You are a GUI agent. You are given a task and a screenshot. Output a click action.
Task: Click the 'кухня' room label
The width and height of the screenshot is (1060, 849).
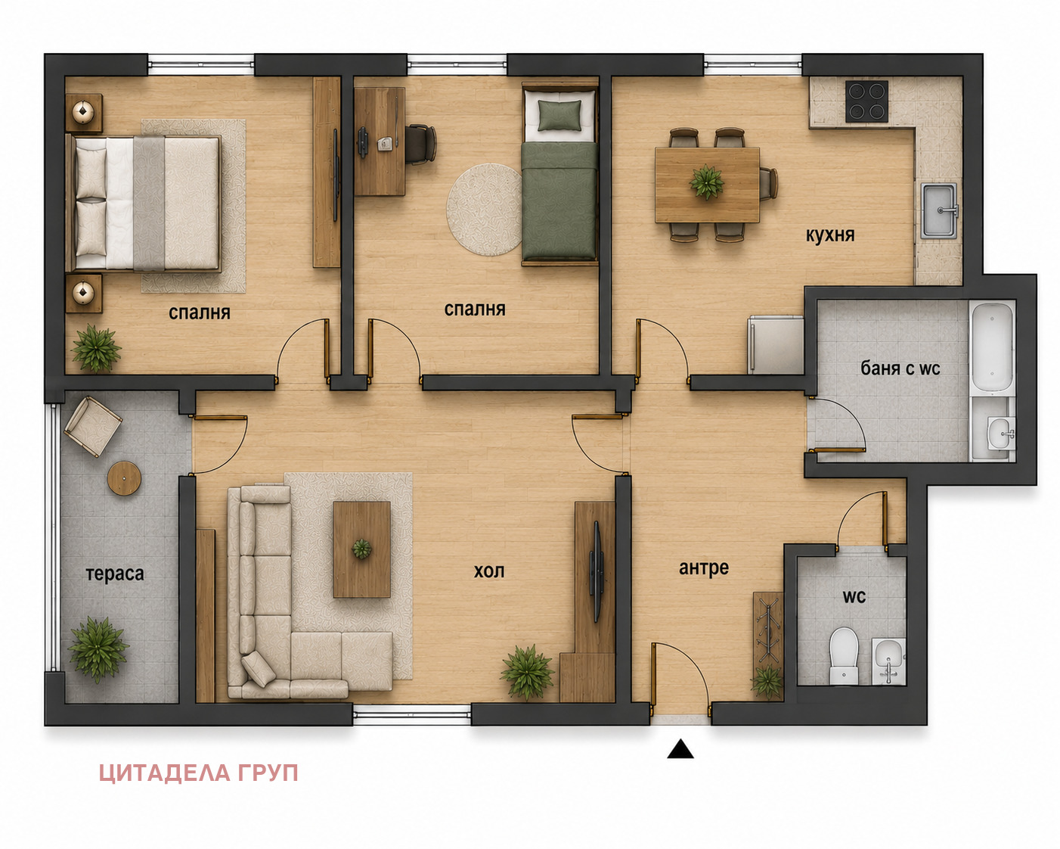point(830,235)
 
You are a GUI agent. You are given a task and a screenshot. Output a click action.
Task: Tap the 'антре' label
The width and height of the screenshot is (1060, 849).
point(703,568)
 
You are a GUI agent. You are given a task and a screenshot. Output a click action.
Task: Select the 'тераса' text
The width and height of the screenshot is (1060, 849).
point(115,574)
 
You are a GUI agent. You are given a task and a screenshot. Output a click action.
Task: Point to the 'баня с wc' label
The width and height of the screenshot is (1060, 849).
point(900,369)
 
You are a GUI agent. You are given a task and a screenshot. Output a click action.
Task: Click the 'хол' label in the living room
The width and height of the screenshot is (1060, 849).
point(488,571)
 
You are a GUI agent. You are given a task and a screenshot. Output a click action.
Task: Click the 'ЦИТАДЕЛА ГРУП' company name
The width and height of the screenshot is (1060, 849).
point(199,773)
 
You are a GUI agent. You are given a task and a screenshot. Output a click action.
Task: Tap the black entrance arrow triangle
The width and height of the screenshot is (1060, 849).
point(680,749)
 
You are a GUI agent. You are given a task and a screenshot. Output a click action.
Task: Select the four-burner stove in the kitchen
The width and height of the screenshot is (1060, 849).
point(866,101)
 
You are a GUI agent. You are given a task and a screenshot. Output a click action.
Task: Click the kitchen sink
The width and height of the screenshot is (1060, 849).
point(939,210)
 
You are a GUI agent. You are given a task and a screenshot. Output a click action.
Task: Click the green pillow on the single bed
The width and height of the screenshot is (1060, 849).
point(559,115)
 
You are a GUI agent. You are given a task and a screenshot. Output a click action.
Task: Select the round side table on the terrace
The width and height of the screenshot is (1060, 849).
point(124,477)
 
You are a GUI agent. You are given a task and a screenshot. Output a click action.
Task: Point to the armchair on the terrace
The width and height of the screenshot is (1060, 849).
point(92,427)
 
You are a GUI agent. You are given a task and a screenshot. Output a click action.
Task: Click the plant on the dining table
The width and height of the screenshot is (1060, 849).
point(707,182)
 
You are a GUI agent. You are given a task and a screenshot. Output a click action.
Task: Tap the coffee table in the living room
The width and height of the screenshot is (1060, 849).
point(361,549)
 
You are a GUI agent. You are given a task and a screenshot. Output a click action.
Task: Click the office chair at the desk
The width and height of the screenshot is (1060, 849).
point(420,144)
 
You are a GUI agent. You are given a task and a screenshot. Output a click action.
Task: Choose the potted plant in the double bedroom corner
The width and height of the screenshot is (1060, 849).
point(96,348)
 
